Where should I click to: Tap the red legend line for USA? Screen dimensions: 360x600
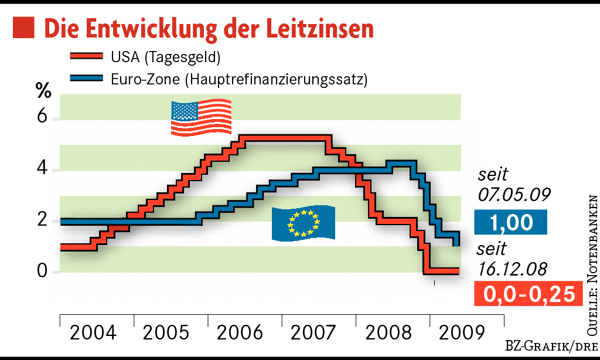coord(87,57)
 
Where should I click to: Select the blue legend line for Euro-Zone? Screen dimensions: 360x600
coord(87,78)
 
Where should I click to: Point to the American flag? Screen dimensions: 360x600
coord(201,118)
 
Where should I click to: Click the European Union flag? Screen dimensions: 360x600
coord(304,223)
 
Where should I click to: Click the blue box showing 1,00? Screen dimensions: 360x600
coord(510,222)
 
